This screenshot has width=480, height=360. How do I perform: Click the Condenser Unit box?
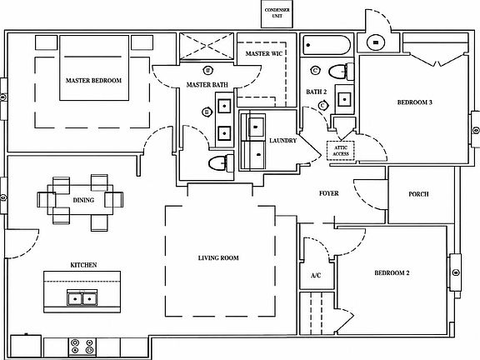[277, 14]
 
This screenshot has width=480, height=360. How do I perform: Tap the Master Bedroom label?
[93, 81]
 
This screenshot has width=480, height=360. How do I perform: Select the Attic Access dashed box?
[340, 151]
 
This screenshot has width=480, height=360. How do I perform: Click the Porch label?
[418, 194]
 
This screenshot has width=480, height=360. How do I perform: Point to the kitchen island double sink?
[82, 298]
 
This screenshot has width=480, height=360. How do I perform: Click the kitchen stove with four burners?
[82, 347]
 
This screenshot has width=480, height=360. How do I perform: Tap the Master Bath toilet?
[221, 162]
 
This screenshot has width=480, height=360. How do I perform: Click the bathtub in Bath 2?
[327, 45]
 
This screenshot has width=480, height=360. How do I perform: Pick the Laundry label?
[282, 141]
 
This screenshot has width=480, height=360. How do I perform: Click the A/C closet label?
[316, 276]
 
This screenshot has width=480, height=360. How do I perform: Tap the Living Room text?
[218, 258]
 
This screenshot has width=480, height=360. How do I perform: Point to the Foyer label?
[329, 193]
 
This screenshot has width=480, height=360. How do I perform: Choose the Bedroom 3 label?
[414, 102]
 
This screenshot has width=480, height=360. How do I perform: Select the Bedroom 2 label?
[392, 272]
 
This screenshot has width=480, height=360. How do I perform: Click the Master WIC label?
[264, 53]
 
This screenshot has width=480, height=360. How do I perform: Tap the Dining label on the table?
[83, 200]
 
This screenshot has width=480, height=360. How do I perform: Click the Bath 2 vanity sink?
[345, 100]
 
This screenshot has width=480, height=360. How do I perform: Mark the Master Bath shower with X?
[207, 46]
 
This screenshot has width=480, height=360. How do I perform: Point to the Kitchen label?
[83, 265]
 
